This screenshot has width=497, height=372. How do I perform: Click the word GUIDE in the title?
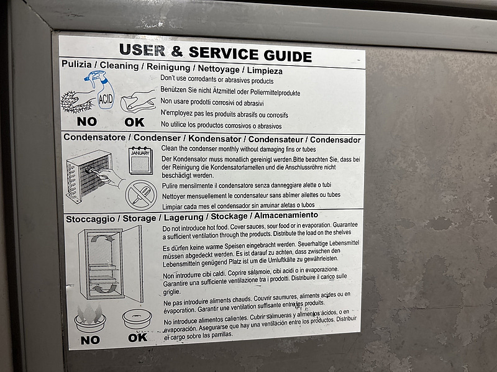coord(288,55)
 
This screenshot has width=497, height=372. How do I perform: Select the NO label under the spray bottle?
coord(87,121)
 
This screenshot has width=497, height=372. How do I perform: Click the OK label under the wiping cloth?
coord(134,122)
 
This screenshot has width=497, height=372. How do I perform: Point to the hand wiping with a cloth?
coord(138,101)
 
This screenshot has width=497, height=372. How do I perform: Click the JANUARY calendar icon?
coord(140,160)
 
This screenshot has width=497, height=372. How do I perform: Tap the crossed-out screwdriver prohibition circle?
coord(141,195)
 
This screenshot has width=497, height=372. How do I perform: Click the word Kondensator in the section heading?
coord(215,138)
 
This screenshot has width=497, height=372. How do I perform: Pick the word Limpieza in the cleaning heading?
coord(265,70)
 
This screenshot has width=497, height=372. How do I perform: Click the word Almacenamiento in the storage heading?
coord(286,215)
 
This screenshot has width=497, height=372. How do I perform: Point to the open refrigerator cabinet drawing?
coord(111,263)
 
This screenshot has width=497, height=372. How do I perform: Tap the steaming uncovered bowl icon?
coord(90,319)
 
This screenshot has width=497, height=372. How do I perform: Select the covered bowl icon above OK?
coord(137,319)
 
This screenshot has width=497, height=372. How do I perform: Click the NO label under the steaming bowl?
coord(90,340)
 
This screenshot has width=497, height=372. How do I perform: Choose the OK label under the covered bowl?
coord(138,338)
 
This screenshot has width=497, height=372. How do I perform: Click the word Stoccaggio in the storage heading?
coord(90,219)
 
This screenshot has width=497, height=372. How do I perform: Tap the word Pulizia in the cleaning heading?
coord(76,64)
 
